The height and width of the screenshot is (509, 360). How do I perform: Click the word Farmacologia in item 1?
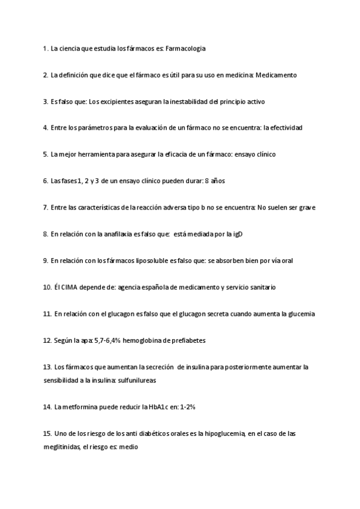[x=186, y=49]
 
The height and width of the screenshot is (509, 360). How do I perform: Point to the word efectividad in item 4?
[x=283, y=128]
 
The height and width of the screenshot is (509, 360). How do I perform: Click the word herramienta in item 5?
[x=95, y=154]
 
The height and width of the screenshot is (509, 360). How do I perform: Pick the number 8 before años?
[x=207, y=181]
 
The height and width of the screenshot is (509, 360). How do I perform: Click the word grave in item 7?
[x=306, y=208]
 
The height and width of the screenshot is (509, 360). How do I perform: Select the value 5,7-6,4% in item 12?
[x=107, y=340]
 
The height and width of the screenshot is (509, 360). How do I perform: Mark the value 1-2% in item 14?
[x=186, y=406]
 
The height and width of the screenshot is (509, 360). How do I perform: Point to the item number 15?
[x=47, y=433]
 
